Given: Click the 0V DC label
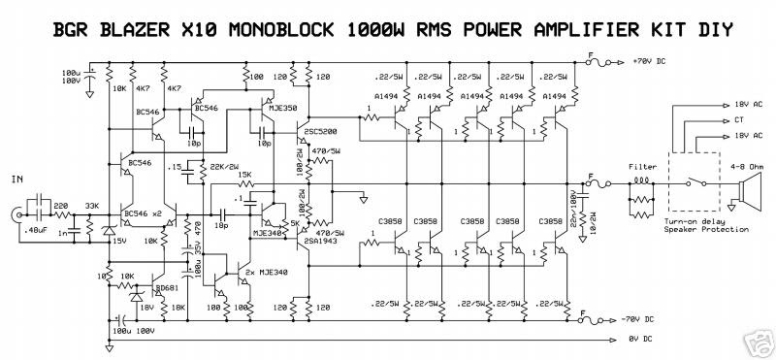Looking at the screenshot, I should pyautogui.click(x=641, y=340).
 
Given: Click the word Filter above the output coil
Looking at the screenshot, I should pyautogui.click(x=641, y=165).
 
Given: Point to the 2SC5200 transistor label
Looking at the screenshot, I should pyautogui.click(x=320, y=131).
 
